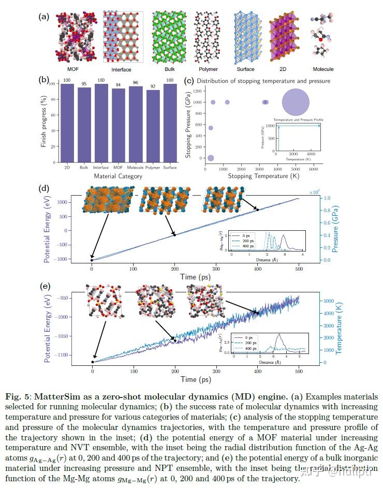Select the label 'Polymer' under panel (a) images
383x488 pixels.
pos(208,69)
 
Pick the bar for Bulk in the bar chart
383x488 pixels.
pos(84,125)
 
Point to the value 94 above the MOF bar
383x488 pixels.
pos(119,84)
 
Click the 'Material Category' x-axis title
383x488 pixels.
pos(119,177)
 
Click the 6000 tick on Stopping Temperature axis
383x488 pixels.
pos(313,169)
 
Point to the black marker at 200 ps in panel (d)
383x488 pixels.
pos(174,235)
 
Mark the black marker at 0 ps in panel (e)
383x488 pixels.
pos(93,362)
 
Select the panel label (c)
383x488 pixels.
pos(189,80)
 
